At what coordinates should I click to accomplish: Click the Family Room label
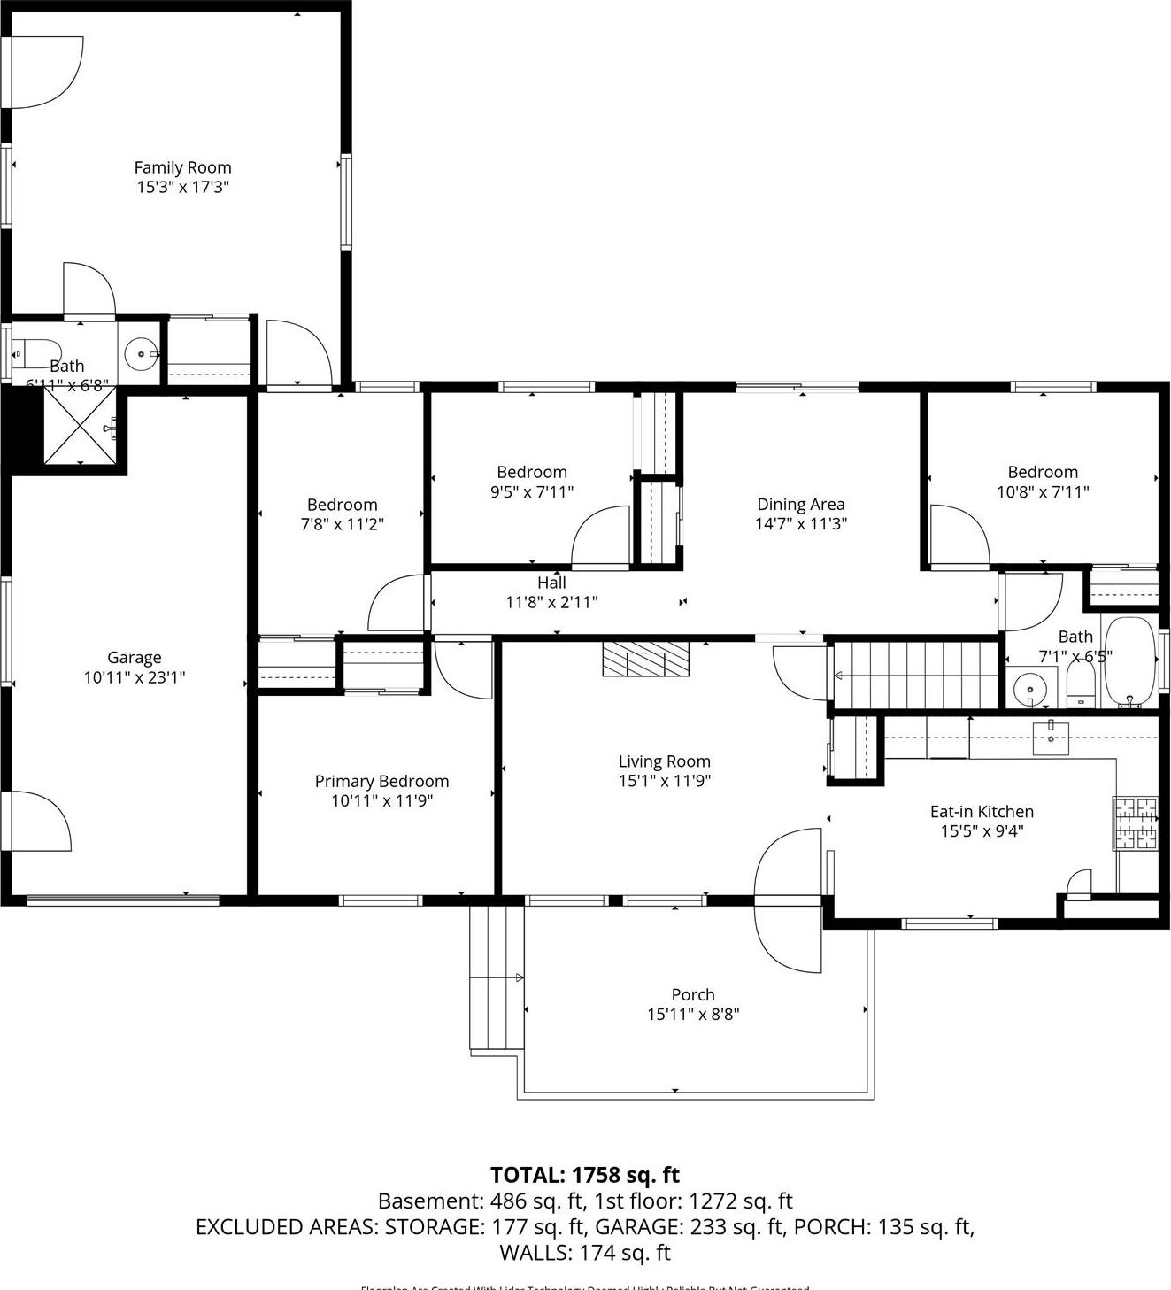point(182,167)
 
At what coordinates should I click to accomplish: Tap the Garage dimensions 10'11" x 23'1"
point(135,677)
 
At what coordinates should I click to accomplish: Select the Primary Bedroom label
point(381,781)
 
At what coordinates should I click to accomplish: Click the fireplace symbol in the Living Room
point(645,659)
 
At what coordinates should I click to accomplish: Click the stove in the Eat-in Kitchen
point(1136,823)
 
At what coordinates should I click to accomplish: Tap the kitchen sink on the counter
point(1051,737)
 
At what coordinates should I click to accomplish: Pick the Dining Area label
point(800,504)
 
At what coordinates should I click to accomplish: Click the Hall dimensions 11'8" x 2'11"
point(551,603)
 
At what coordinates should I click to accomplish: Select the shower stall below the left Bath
point(80,426)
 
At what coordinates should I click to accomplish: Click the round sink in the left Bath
point(141,354)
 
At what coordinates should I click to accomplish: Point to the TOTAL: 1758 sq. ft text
point(585,1175)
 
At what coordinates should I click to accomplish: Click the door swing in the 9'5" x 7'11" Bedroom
point(601,537)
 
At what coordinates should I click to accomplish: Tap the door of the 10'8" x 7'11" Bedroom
point(959,537)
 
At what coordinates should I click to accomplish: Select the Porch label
point(692,994)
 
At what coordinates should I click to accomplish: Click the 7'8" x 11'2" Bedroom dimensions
point(342,524)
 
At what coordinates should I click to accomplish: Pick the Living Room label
point(664,761)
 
